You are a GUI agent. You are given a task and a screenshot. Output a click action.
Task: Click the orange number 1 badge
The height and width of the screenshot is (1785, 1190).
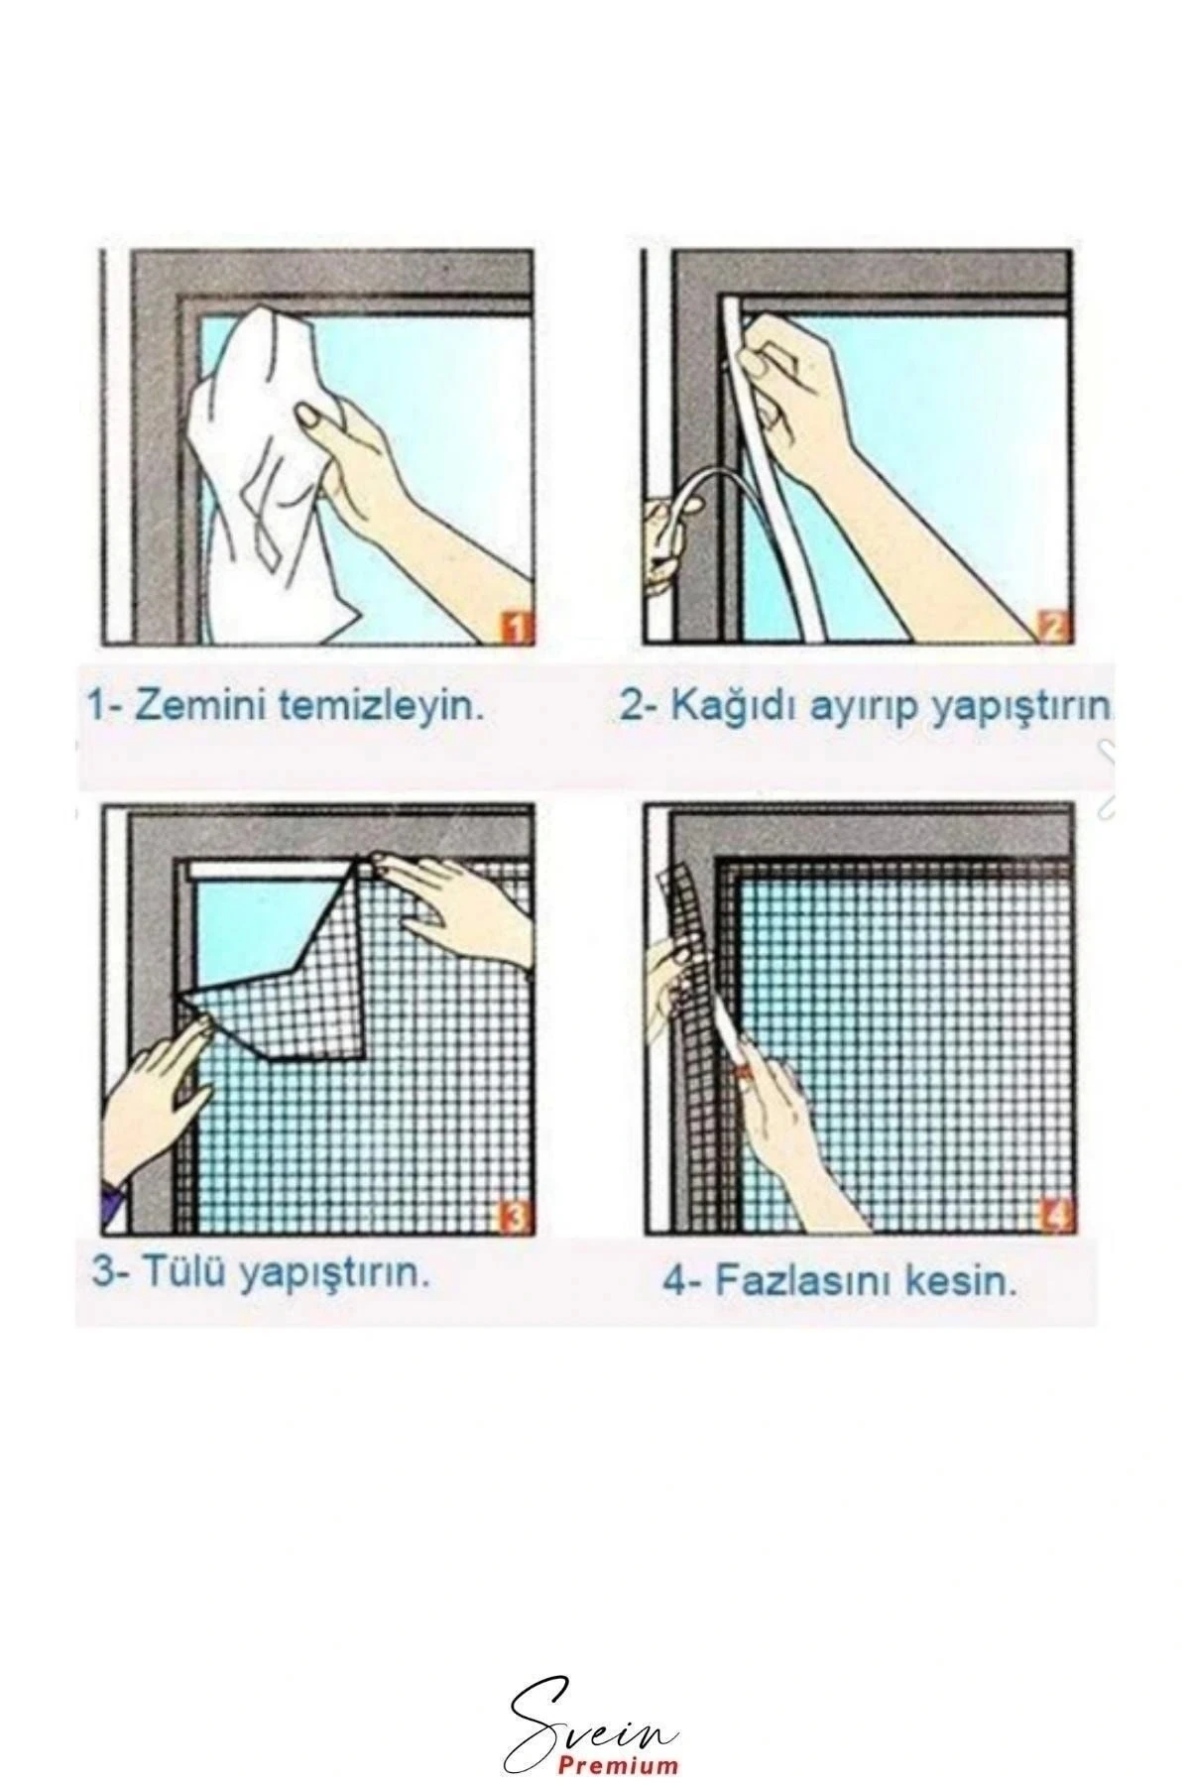pos(515,627)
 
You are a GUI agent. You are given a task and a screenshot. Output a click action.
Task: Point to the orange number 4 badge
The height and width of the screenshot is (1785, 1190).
pos(1054,1216)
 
